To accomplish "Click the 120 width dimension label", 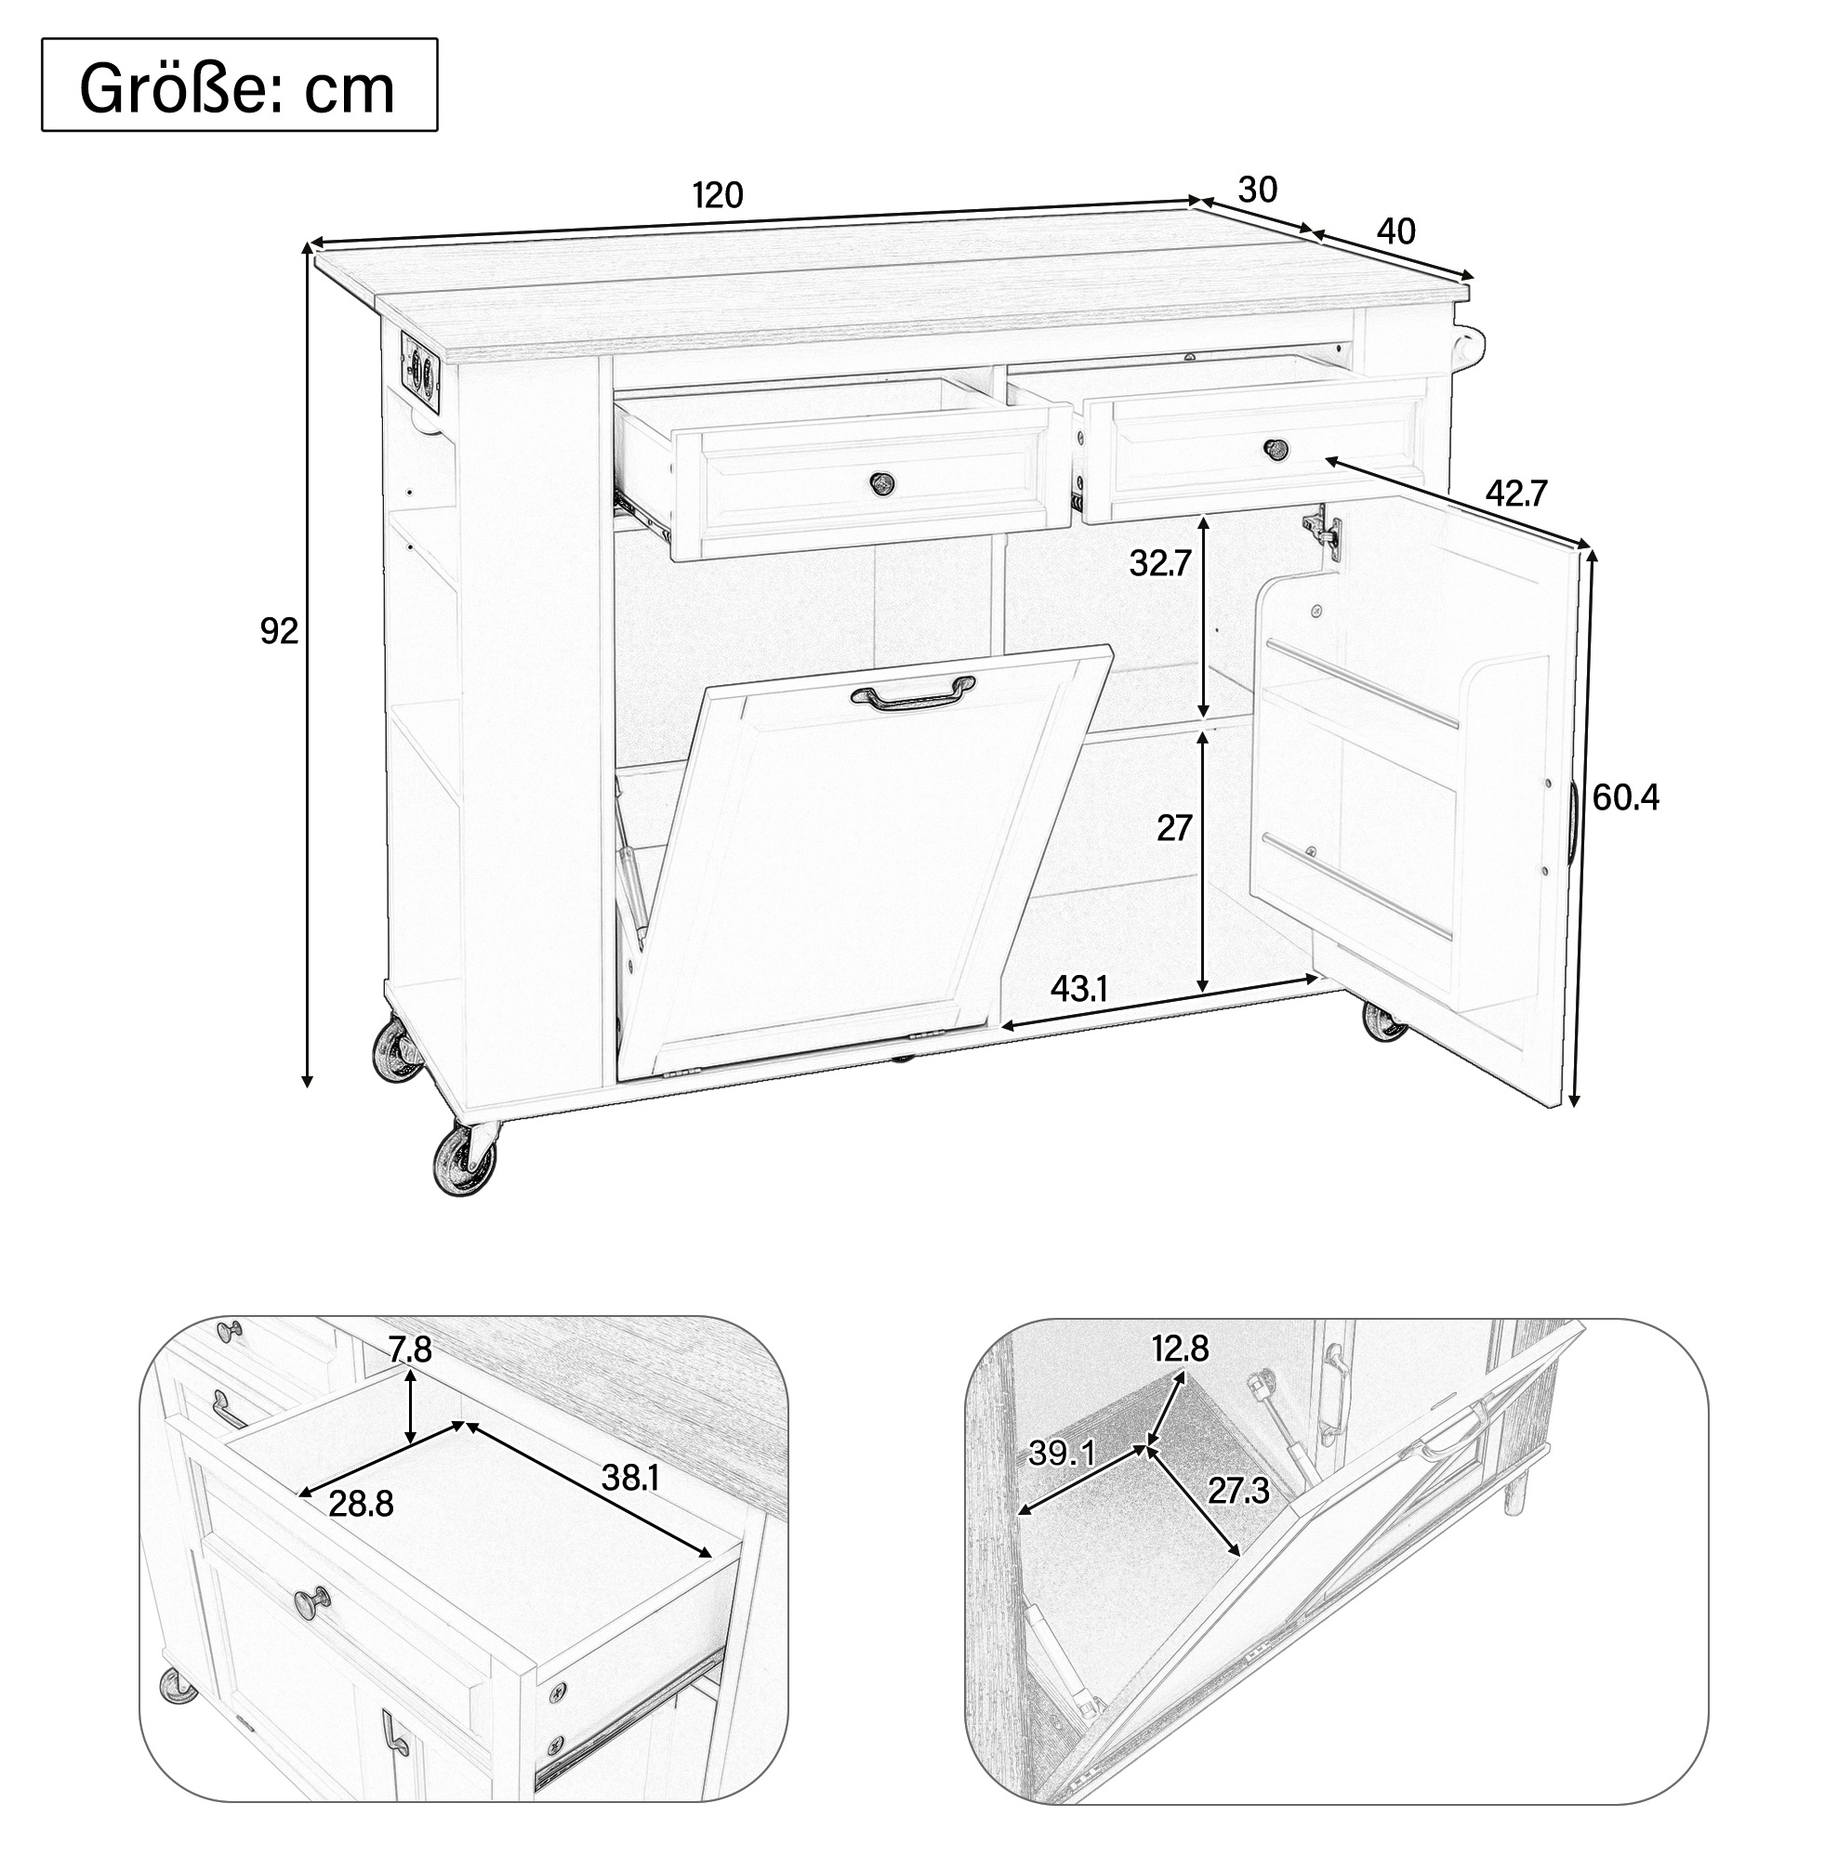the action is pos(718,195).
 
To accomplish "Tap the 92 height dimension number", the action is pos(279,631).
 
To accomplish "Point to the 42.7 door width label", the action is pos(1516,493).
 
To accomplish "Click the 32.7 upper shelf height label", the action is pos(1160,563).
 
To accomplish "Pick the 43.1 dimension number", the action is pos(1080,989).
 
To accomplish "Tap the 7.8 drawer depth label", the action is pos(411,1349).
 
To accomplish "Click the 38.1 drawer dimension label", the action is pos(629,1478).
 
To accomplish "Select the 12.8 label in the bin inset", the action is pos(1181,1349).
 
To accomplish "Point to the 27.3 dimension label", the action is pos(1239,1491).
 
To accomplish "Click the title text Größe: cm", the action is pos(237,88).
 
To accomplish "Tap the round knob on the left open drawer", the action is pos(881,482).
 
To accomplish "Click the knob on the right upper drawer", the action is pos(1276,448).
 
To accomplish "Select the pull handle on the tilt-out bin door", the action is pos(912,695).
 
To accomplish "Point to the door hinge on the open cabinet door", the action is pos(1321,527).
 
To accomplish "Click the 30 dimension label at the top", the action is pos(1258,191).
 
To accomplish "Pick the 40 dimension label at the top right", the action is pos(1396,231).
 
